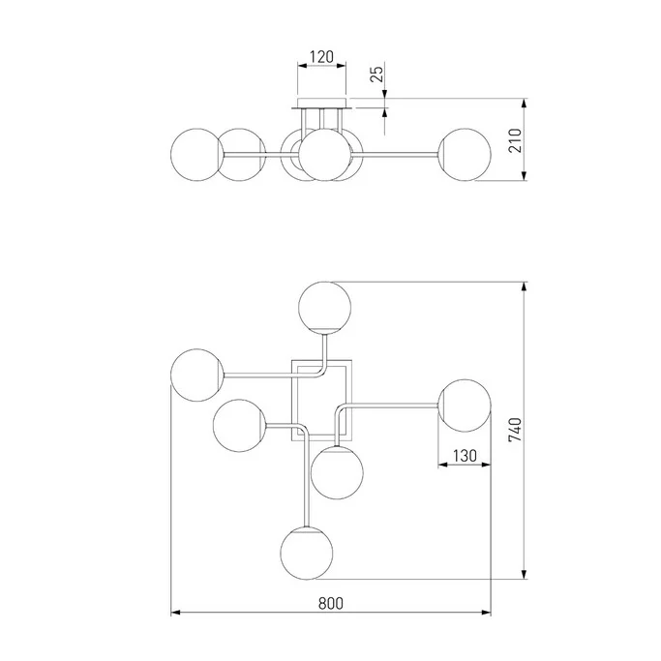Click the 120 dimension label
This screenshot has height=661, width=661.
[321, 56]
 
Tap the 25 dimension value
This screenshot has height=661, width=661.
[377, 74]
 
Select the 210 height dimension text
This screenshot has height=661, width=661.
[515, 140]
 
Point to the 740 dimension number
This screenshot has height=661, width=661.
[515, 430]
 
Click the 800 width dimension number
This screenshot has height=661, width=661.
[331, 603]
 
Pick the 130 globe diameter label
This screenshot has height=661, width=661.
[465, 456]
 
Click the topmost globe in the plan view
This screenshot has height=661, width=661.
[324, 308]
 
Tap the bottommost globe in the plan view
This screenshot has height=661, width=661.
[307, 553]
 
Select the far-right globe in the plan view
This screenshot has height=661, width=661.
[465, 406]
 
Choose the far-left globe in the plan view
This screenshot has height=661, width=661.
[196, 375]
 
